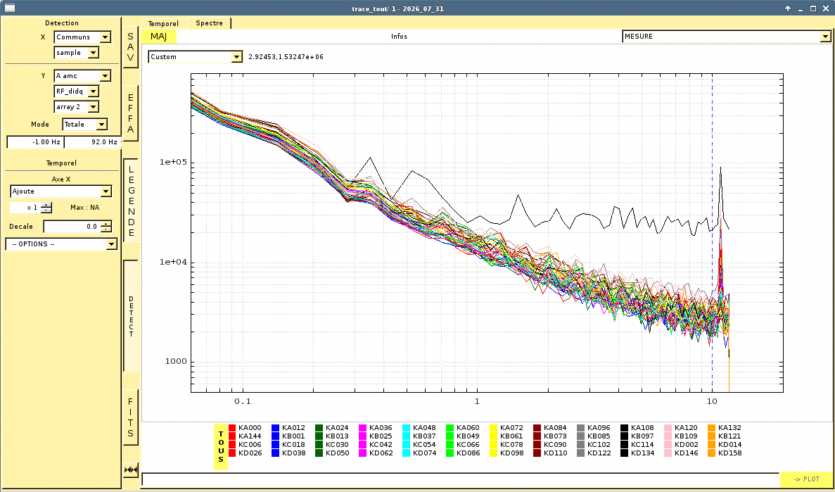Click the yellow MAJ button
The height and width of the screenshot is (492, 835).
click(159, 36)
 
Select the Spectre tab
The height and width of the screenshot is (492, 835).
click(210, 23)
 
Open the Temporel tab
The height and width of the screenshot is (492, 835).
click(163, 23)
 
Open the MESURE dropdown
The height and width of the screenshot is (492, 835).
click(727, 36)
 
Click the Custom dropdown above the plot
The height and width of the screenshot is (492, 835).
click(196, 56)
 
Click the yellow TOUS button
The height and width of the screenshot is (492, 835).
click(220, 447)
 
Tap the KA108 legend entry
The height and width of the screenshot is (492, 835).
click(637, 427)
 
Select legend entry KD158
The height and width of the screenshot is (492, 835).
click(725, 453)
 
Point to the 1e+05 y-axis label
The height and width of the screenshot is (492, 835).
click(172, 163)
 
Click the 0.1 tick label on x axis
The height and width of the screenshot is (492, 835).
click(242, 401)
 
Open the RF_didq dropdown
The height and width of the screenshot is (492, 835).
click(76, 92)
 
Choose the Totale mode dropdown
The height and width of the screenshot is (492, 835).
click(84, 124)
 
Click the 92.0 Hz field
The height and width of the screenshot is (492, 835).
click(91, 142)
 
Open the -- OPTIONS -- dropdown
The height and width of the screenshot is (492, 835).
click(61, 244)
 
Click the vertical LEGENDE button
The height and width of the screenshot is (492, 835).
click(130, 201)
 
